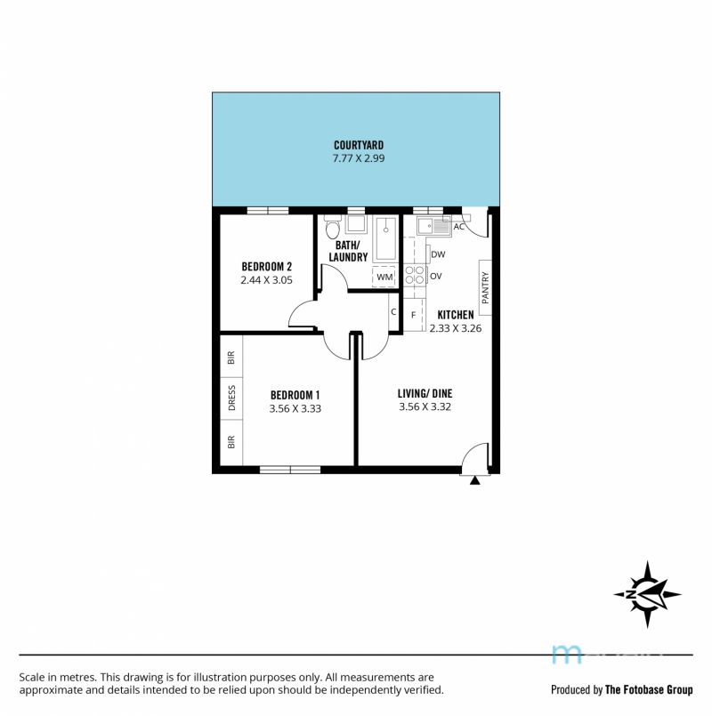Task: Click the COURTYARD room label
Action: [x=359, y=145]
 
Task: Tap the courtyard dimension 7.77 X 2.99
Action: [x=359, y=158]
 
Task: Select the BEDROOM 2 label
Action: [x=266, y=266]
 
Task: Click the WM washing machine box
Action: [x=384, y=277]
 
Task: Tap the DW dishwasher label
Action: [x=438, y=254]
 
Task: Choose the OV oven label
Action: [x=435, y=276]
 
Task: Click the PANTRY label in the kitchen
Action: [x=485, y=287]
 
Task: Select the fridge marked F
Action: [x=415, y=315]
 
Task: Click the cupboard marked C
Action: [x=393, y=312]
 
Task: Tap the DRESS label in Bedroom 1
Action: [x=231, y=398]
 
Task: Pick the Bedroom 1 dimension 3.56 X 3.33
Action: [x=295, y=408]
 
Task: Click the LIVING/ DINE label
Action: [x=425, y=394]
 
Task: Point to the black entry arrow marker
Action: [x=475, y=480]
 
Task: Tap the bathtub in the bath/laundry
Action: [x=385, y=239]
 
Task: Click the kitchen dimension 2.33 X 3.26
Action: [x=455, y=328]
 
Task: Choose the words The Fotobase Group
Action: [x=649, y=689]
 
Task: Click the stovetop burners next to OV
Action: [x=415, y=276]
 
